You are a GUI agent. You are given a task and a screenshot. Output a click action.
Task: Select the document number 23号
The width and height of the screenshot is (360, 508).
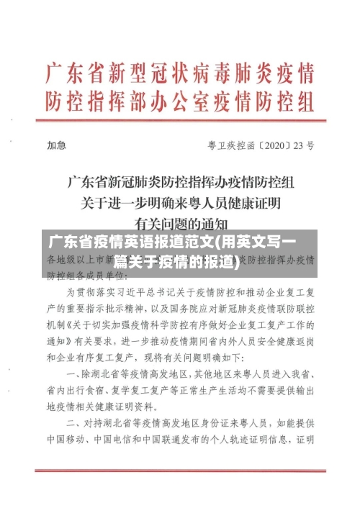(305, 145)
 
